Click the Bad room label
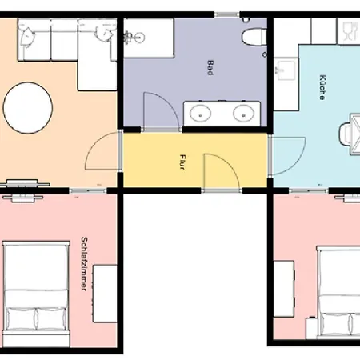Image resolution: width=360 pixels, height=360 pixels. pos(210,68)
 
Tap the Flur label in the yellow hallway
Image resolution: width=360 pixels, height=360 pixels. pos(182,162)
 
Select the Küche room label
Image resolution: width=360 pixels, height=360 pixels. pos(322,87)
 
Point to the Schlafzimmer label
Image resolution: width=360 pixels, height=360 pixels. pos(84,263)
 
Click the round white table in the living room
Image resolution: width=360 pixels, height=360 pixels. pos(28,108)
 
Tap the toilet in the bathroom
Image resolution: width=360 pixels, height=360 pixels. pos(254,37)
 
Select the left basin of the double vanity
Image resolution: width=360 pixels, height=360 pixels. pos(200,113)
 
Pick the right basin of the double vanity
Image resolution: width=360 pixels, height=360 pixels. pos(243,113)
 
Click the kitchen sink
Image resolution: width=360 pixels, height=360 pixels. pos(286,70)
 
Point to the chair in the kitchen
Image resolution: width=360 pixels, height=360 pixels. pos(345,134)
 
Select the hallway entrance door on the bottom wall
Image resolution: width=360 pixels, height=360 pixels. pos(222,172)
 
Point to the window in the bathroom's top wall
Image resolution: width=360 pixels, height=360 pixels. pos(227,14)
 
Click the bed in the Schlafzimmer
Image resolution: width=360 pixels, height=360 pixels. pos(36,294)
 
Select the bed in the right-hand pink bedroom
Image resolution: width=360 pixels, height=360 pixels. pos(338,293)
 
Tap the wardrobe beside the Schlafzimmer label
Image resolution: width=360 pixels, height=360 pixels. pos(105,294)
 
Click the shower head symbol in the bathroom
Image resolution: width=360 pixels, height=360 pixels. pos(134,37)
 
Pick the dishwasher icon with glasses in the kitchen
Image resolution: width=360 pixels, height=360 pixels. pos(349,31)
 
